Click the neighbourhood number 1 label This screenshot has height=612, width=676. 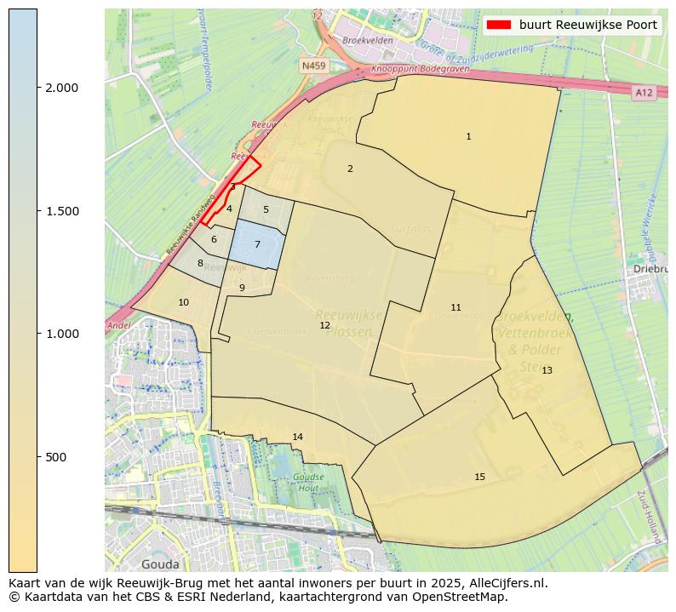point(468,137)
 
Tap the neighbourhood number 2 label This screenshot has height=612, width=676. point(350,169)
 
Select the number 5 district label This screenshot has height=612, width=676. point(266,209)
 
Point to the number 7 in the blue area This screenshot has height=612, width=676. point(257,245)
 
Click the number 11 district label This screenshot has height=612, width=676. point(455,308)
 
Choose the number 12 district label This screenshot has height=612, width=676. point(324,326)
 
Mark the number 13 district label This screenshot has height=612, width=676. point(547,371)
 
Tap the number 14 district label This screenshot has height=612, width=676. point(297,438)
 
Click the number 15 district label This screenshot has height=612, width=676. point(479,478)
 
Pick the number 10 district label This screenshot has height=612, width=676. point(183,303)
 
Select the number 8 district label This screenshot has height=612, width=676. point(200,264)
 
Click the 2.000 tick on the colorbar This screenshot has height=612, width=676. point(61,89)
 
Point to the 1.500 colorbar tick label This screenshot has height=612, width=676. point(61,211)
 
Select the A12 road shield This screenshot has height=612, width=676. point(644,92)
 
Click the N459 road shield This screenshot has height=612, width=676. point(313,66)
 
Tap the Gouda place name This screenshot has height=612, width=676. point(160,564)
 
